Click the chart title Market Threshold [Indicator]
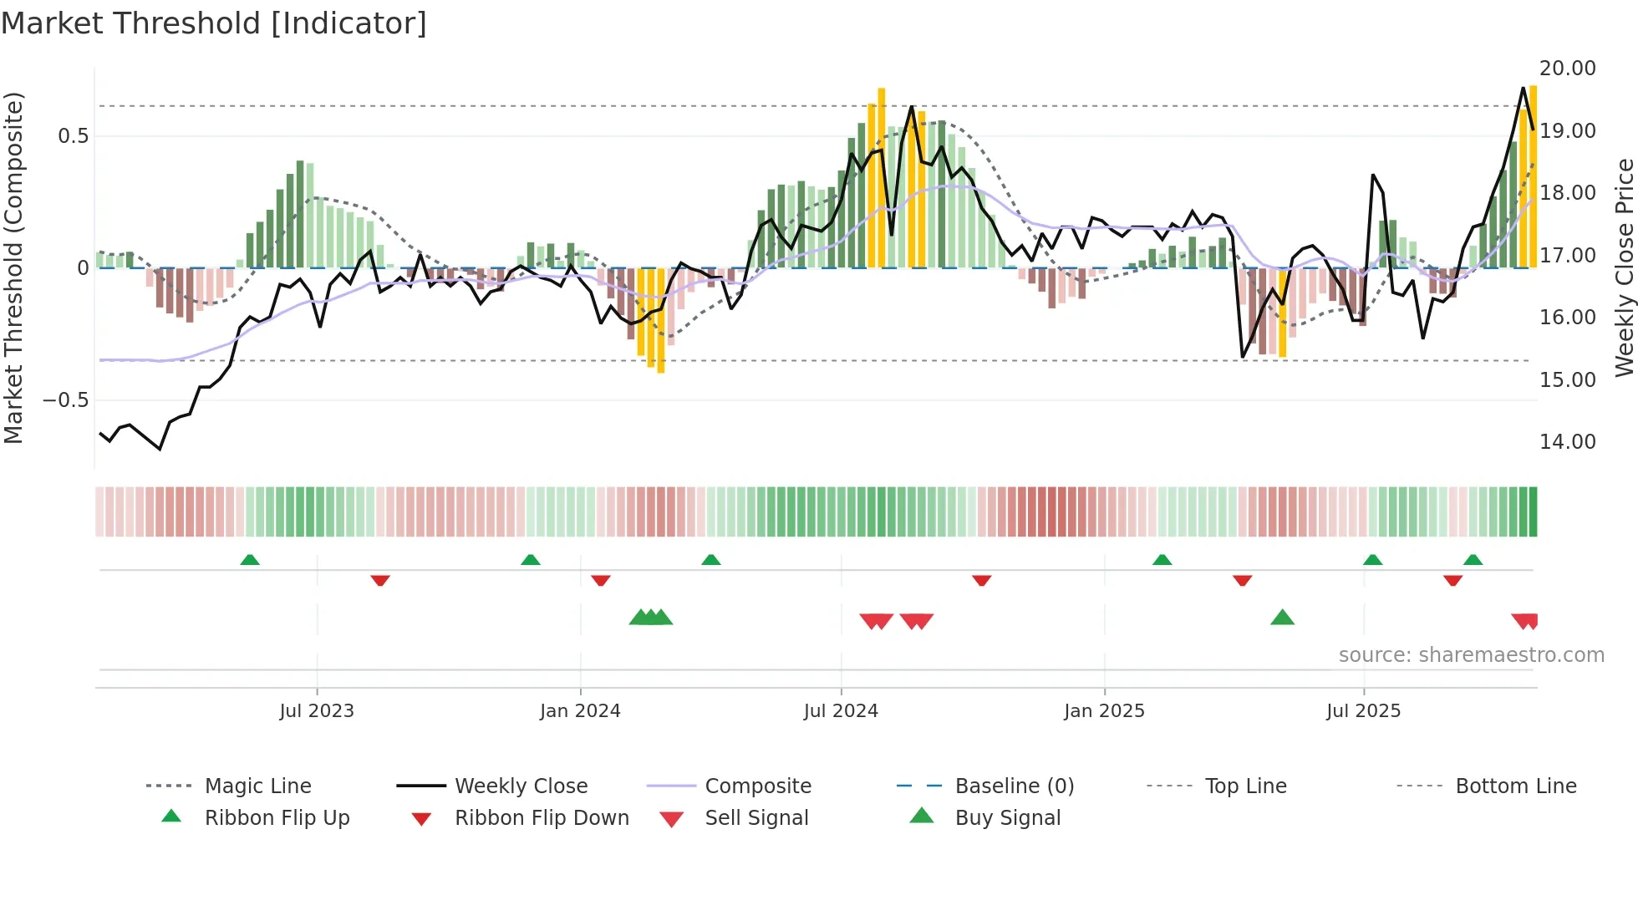pyautogui.click(x=214, y=23)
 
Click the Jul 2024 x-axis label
pyautogui.click(x=841, y=711)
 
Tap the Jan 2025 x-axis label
pyautogui.click(x=1104, y=711)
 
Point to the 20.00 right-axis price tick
pyautogui.click(x=1567, y=69)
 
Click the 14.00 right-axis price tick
pyautogui.click(x=1567, y=441)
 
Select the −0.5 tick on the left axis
pyautogui.click(x=66, y=399)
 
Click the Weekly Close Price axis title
pyautogui.click(x=1624, y=267)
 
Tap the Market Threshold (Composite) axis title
pyautogui.click(x=13, y=267)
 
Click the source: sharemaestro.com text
pyautogui.click(x=1471, y=654)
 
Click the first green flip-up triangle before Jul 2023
pyautogui.click(x=249, y=559)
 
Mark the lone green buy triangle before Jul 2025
pyautogui.click(x=1282, y=618)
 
